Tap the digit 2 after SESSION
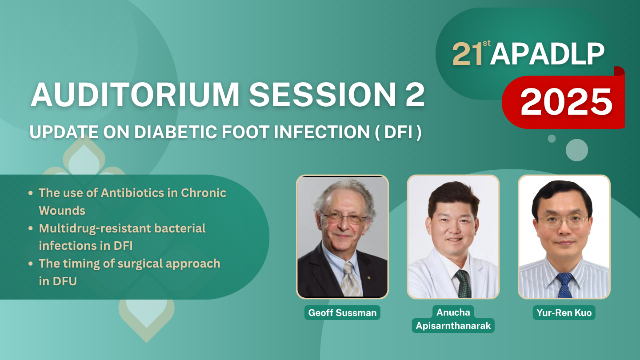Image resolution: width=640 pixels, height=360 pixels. [415, 95]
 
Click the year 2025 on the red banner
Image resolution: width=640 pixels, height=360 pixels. [566, 101]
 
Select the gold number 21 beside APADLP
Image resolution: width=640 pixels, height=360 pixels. [468, 54]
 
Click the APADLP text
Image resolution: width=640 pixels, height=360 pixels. [547, 54]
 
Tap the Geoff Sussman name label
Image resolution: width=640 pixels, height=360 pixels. [342, 312]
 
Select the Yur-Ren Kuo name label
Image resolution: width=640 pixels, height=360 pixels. [564, 312]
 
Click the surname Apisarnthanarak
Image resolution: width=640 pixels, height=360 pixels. [453, 325]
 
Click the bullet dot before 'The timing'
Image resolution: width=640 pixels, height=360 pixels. [31, 264]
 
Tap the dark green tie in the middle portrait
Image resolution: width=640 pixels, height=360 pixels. [463, 284]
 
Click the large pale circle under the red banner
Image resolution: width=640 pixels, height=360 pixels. [577, 150]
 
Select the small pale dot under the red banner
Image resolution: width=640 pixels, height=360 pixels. [552, 139]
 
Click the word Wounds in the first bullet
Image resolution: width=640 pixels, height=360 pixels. [62, 211]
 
